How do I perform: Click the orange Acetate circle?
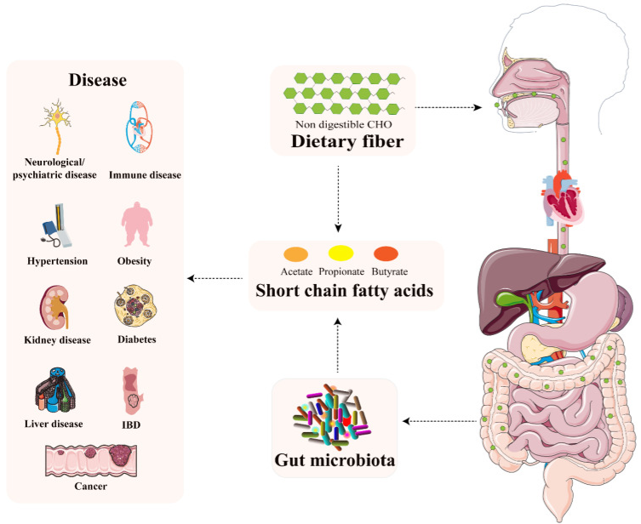[x=295, y=253]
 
